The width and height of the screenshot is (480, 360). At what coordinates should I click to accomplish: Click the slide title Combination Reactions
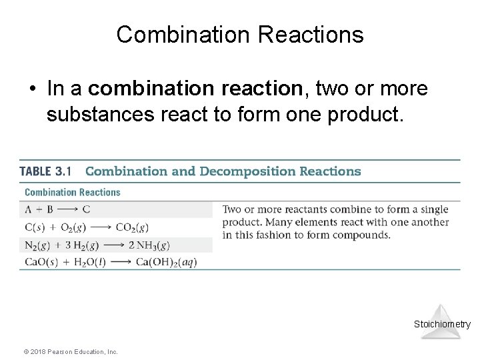240,35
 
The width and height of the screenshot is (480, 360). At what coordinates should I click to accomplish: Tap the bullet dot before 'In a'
31,88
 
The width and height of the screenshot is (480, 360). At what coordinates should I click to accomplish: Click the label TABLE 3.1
45,171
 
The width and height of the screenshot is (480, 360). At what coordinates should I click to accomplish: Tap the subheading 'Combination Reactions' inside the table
72,192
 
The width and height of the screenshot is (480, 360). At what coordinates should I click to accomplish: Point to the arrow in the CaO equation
120,262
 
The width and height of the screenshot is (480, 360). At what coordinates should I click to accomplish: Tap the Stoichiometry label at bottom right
442,325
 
